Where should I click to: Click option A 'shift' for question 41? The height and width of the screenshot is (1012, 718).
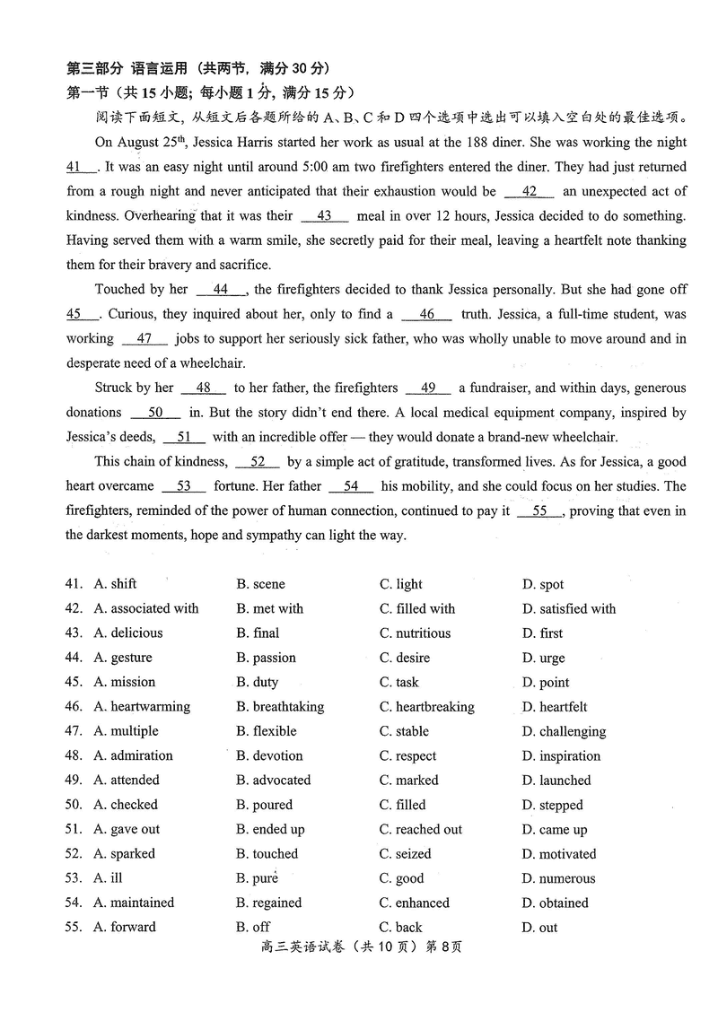pos(123,584)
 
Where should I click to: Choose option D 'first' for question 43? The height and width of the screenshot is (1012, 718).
pos(551,633)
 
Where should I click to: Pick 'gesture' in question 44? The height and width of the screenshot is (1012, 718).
pos(131,658)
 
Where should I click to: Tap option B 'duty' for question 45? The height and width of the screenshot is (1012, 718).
pos(265,683)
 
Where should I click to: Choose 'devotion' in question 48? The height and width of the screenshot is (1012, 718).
pos(277,756)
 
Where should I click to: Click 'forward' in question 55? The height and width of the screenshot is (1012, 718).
pos(133,928)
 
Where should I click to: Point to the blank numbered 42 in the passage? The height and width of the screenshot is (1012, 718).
pos(530,192)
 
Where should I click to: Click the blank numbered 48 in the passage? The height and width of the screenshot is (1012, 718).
pos(204,388)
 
